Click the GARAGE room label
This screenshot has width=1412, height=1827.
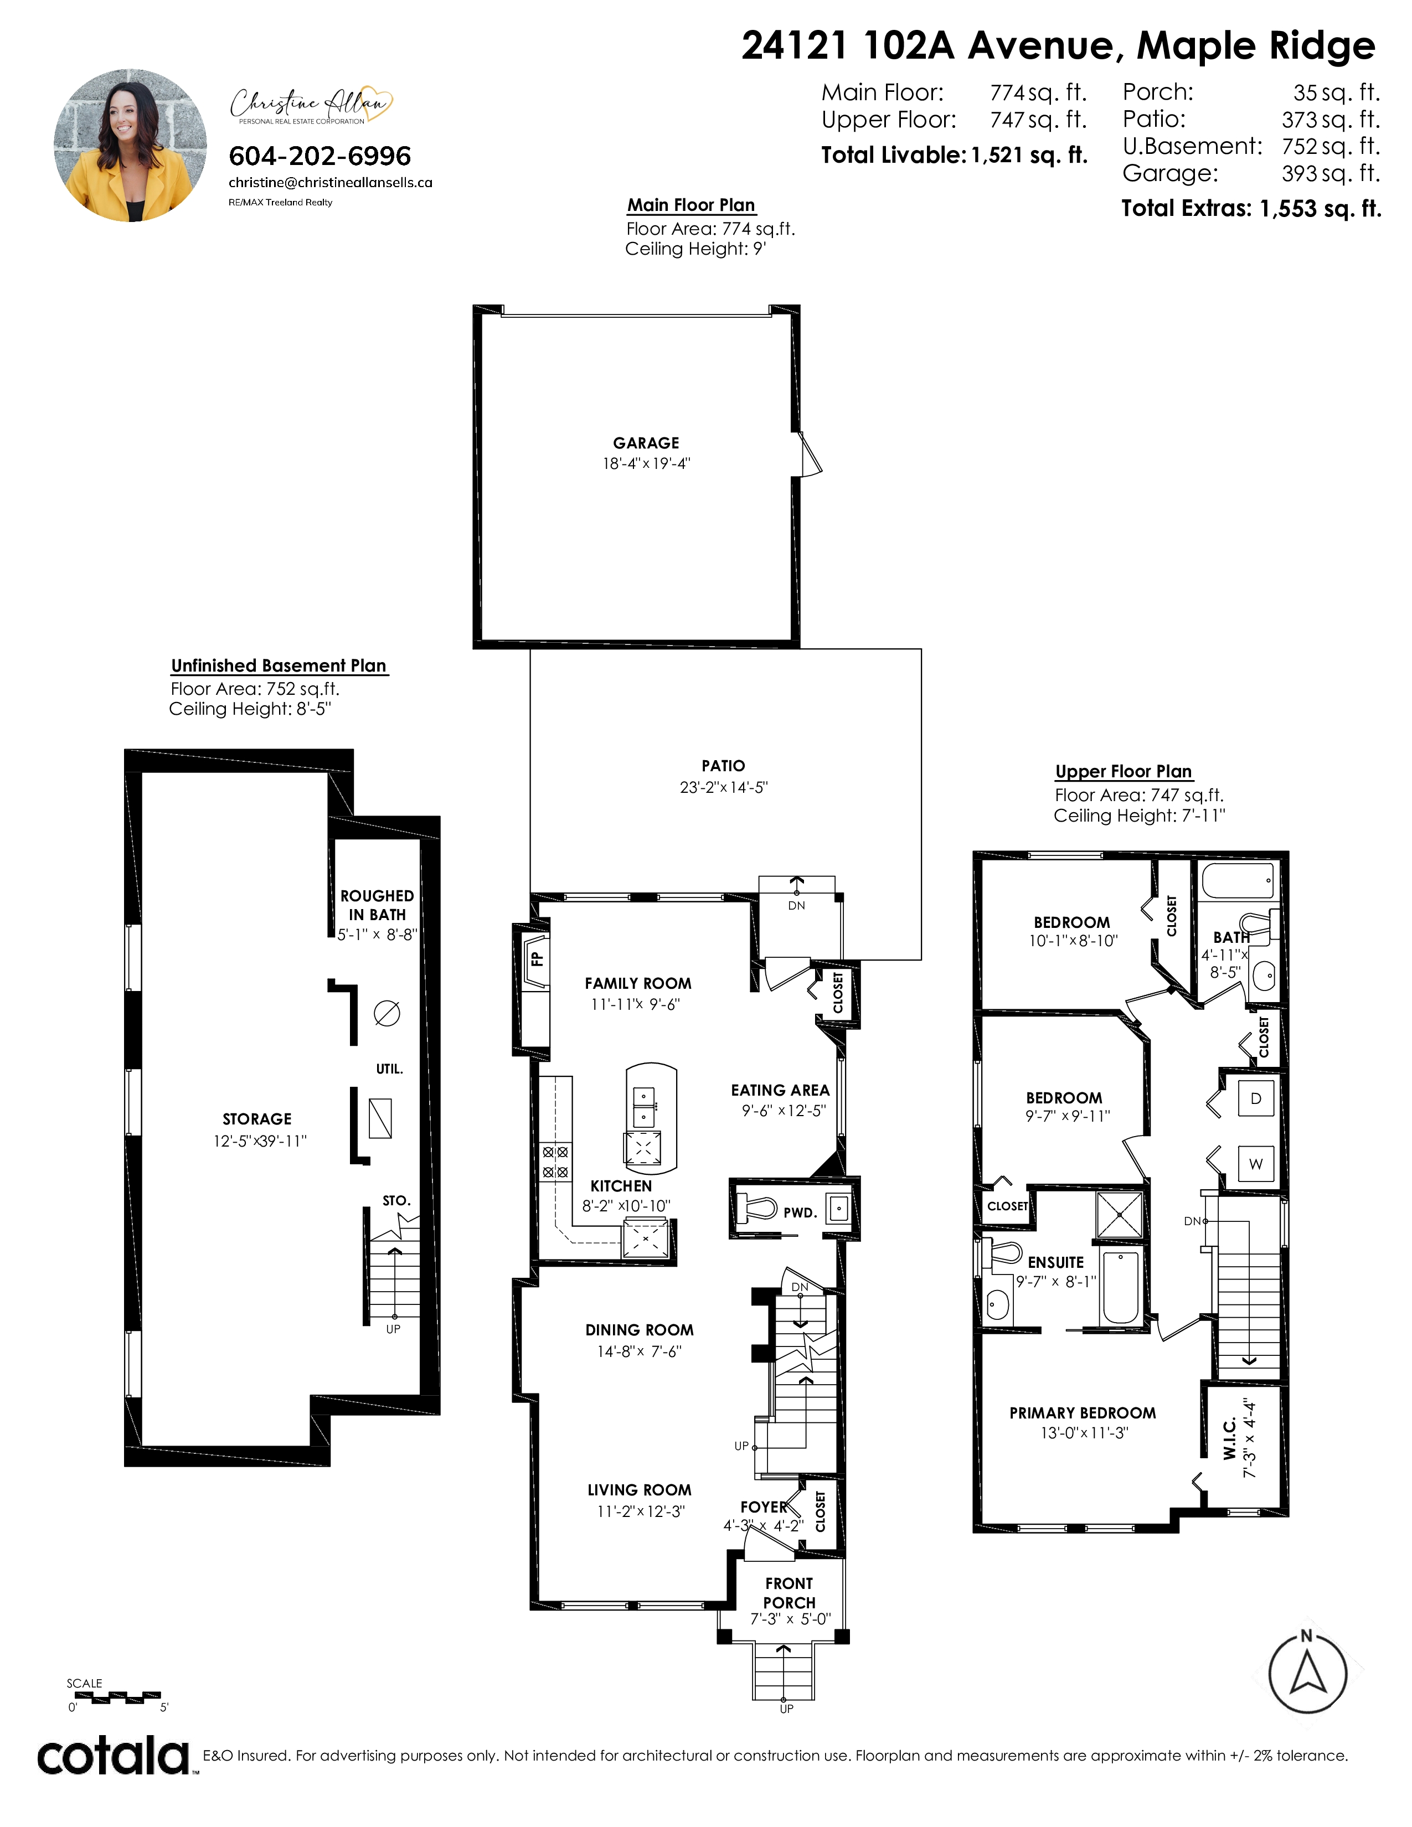click(646, 443)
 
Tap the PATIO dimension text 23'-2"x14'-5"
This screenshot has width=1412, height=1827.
click(724, 787)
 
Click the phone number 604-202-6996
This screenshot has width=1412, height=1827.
click(319, 157)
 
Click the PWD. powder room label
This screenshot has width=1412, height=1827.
click(800, 1212)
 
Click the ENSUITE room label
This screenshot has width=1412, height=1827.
click(1055, 1262)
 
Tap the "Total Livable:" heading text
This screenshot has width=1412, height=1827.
click(893, 155)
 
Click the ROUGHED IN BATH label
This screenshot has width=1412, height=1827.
click(377, 905)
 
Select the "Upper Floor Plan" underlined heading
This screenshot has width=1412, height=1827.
click(1124, 771)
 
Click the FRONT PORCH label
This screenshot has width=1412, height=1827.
click(789, 1593)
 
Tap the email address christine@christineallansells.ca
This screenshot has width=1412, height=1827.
click(331, 182)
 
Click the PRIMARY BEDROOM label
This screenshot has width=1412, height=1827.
click(1083, 1413)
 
